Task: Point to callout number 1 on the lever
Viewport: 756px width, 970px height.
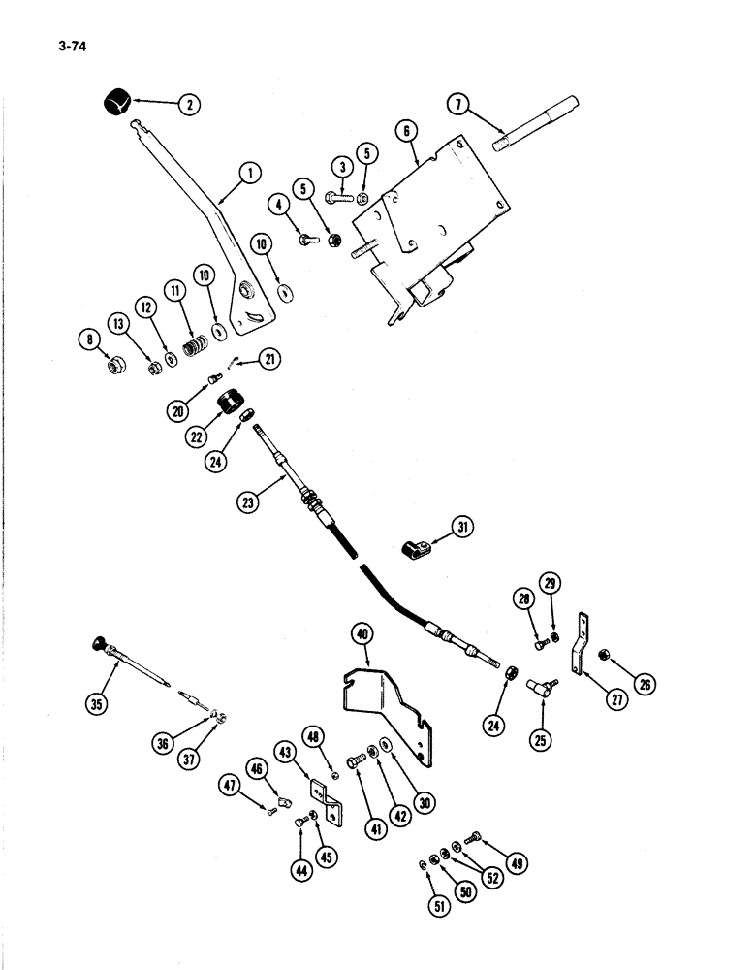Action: [x=250, y=176]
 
